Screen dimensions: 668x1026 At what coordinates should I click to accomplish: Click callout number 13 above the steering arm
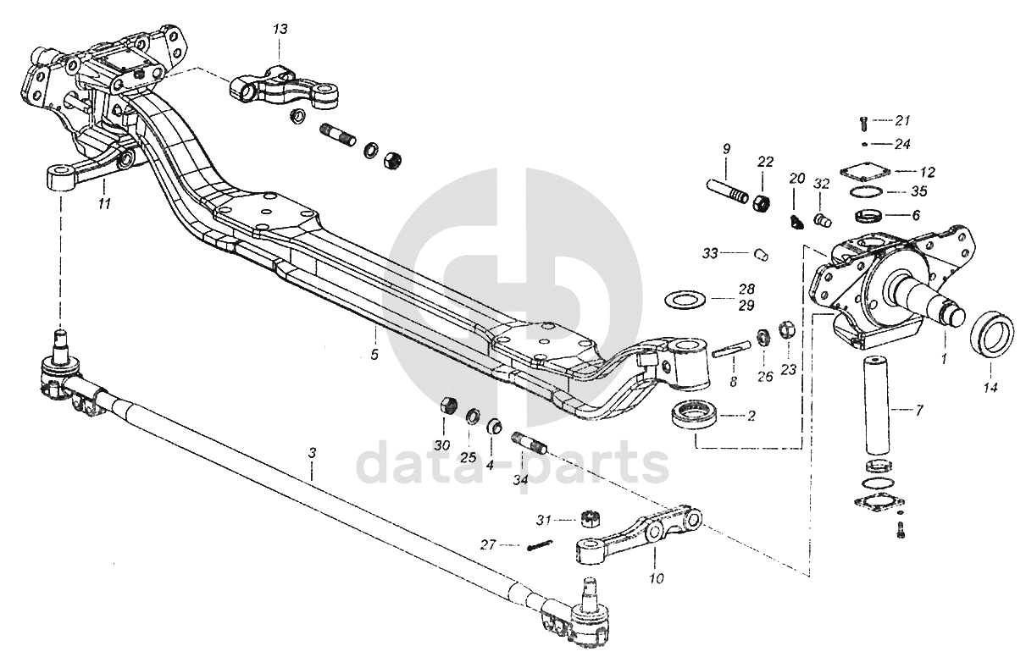coord(280,30)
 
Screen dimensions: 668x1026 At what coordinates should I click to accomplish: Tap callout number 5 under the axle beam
coord(374,354)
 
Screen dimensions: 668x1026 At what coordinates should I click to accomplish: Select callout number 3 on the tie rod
coord(312,454)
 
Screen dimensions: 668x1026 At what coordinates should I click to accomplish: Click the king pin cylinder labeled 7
coord(879,406)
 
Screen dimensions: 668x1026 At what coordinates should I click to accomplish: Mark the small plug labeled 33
coord(760,252)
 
